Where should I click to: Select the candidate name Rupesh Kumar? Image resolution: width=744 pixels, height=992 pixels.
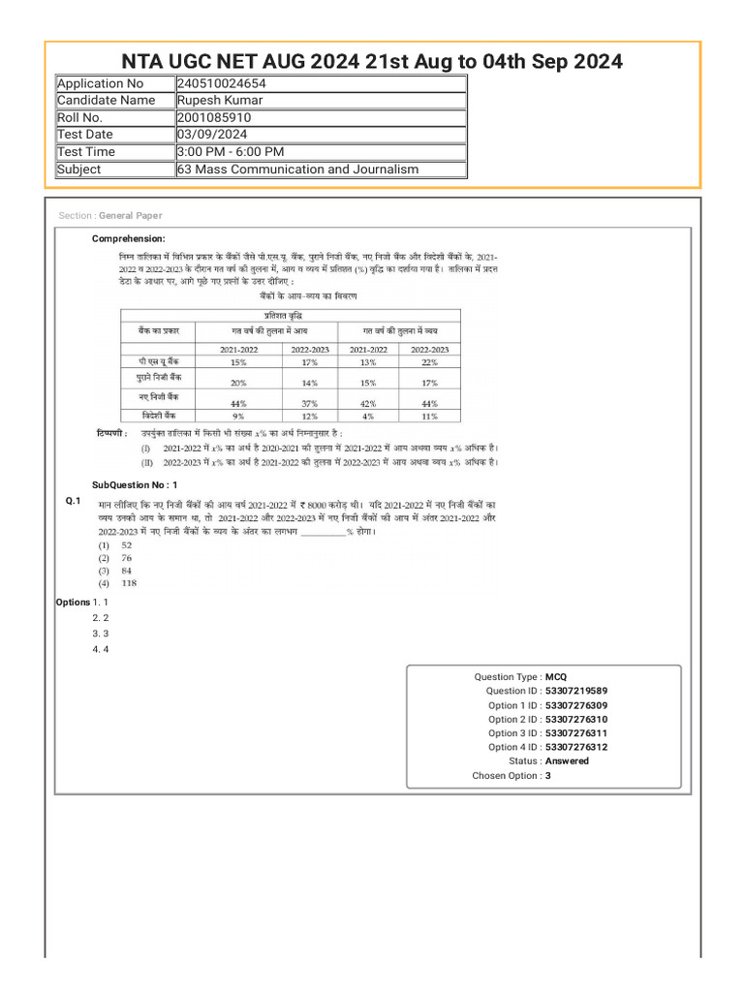point(219,100)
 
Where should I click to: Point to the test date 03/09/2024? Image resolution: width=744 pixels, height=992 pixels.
point(211,135)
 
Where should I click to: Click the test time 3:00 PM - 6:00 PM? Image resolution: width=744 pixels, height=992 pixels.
point(231,151)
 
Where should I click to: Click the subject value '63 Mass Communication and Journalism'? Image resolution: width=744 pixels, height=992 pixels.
point(298,169)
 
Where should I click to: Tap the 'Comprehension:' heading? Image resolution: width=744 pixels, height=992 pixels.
point(128,238)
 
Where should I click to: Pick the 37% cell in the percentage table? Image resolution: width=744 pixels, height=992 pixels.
point(310,403)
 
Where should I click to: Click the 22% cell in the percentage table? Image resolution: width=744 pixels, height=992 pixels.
point(429,361)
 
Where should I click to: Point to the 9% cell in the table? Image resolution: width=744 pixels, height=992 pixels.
point(238,416)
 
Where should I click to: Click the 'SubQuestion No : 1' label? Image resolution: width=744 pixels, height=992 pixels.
point(135,484)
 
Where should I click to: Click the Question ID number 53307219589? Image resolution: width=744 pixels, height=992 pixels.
point(576,692)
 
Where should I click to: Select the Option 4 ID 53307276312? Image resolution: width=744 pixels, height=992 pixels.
point(576,747)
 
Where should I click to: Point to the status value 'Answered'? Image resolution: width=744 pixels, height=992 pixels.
point(567,761)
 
